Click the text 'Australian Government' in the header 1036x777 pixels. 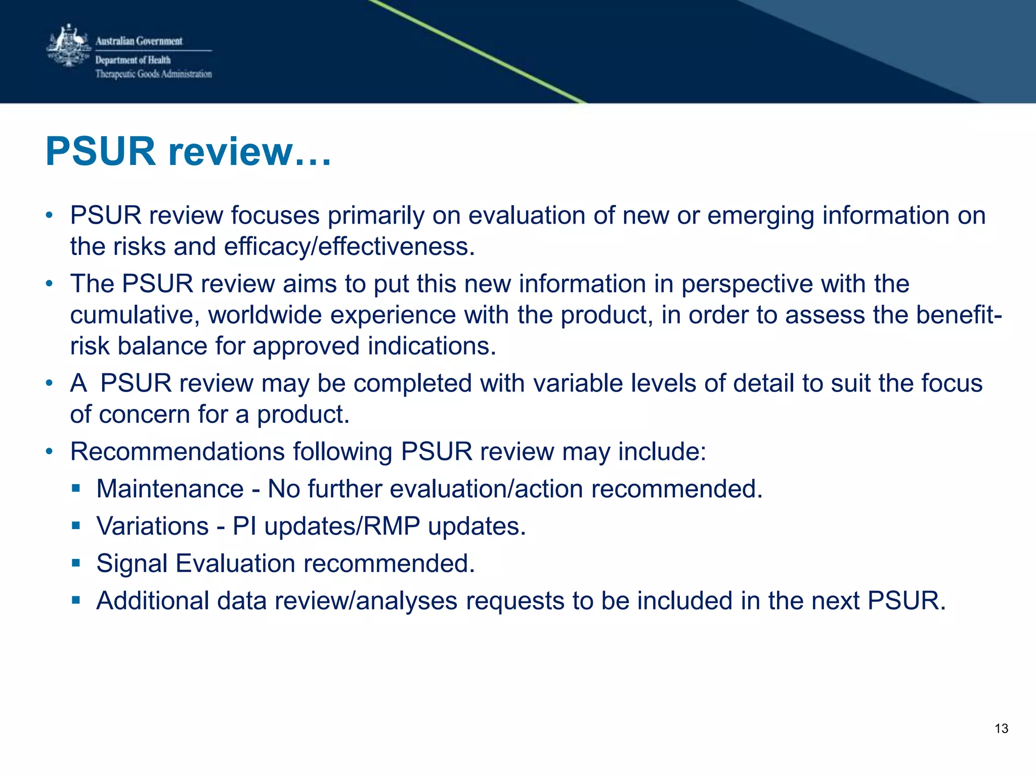pyautogui.click(x=139, y=41)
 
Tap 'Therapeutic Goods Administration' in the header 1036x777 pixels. pyautogui.click(x=154, y=74)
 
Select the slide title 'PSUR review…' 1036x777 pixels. pyautogui.click(x=189, y=151)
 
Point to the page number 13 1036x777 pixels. pyautogui.click(x=1001, y=728)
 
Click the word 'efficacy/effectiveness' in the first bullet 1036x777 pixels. pyautogui.click(x=349, y=247)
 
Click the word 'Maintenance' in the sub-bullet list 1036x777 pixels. pyautogui.click(x=170, y=489)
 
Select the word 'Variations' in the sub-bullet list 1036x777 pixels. pyautogui.click(x=153, y=526)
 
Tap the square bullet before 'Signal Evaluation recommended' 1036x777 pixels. pyautogui.click(x=76, y=563)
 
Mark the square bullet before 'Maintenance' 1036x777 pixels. pyautogui.click(x=76, y=488)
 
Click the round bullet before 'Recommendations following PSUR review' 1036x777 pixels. pyautogui.click(x=49, y=451)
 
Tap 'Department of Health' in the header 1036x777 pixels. pyautogui.click(x=133, y=60)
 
